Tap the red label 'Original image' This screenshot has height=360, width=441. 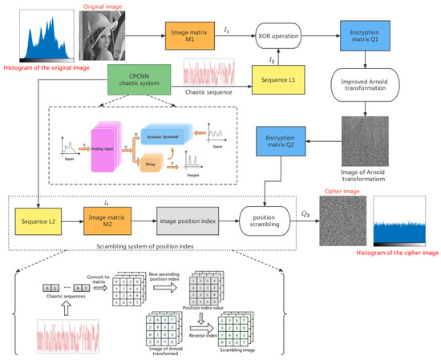pyautogui.click(x=103, y=6)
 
